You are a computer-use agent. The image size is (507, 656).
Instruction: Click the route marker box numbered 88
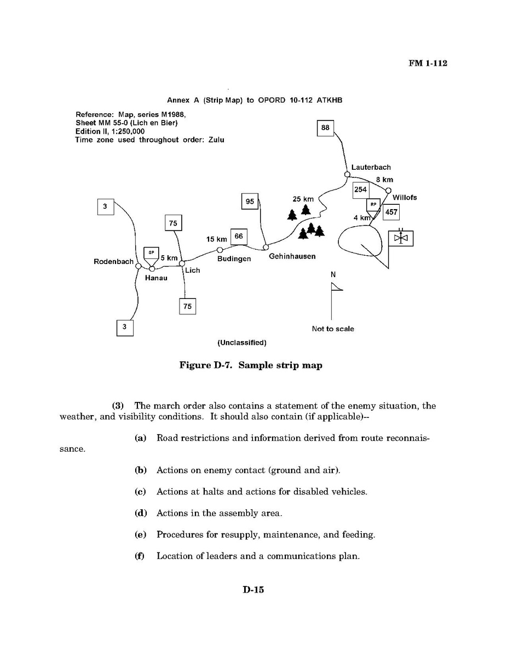pyautogui.click(x=326, y=128)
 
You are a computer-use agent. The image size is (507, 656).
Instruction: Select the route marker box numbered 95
pyautogui.click(x=250, y=202)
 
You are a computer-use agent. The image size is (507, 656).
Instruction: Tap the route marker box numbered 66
pyautogui.click(x=238, y=237)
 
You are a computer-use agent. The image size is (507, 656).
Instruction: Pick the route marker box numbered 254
pyautogui.click(x=360, y=190)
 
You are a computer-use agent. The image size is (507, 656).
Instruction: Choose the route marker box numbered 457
pyautogui.click(x=391, y=212)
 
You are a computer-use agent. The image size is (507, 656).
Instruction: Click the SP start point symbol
pyautogui.click(x=151, y=254)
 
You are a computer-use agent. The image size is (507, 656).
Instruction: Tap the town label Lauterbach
pyautogui.click(x=371, y=167)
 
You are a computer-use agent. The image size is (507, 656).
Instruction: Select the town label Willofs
pyautogui.click(x=405, y=197)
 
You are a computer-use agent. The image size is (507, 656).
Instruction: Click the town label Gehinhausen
pyautogui.click(x=292, y=256)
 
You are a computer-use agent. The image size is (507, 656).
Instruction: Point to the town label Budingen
pyautogui.click(x=234, y=258)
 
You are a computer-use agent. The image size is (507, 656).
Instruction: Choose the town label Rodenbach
pyautogui.click(x=113, y=262)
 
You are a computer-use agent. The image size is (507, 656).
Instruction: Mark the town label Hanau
pyautogui.click(x=155, y=278)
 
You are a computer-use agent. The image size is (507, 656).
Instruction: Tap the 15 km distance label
pyautogui.click(x=216, y=239)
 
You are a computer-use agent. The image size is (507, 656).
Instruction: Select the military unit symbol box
pyautogui.click(x=401, y=238)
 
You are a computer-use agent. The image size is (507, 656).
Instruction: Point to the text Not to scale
pyautogui.click(x=333, y=329)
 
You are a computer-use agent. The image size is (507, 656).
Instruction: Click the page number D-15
pyautogui.click(x=253, y=590)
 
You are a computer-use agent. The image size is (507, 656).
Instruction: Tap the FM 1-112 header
pyautogui.click(x=428, y=64)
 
